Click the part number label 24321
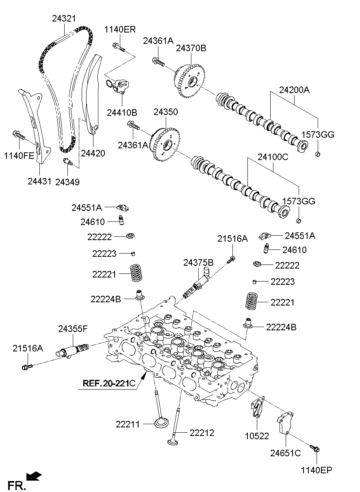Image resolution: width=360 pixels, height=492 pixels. tap(64, 19)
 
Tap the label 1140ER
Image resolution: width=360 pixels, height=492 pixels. tap(120, 29)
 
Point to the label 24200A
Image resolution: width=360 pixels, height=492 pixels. tap(294, 90)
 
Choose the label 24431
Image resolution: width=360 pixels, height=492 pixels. tap(40, 182)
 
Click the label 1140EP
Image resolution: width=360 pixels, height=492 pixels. tap(317, 470)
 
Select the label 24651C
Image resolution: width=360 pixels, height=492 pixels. tap(286, 453)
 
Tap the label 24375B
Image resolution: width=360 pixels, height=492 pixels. tap(198, 263)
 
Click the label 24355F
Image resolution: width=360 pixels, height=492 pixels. tap(73, 329)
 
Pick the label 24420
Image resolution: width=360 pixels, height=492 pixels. tap(93, 153)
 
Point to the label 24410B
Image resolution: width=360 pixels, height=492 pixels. tap(122, 112)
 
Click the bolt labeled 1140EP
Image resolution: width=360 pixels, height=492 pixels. tap(315, 449)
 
